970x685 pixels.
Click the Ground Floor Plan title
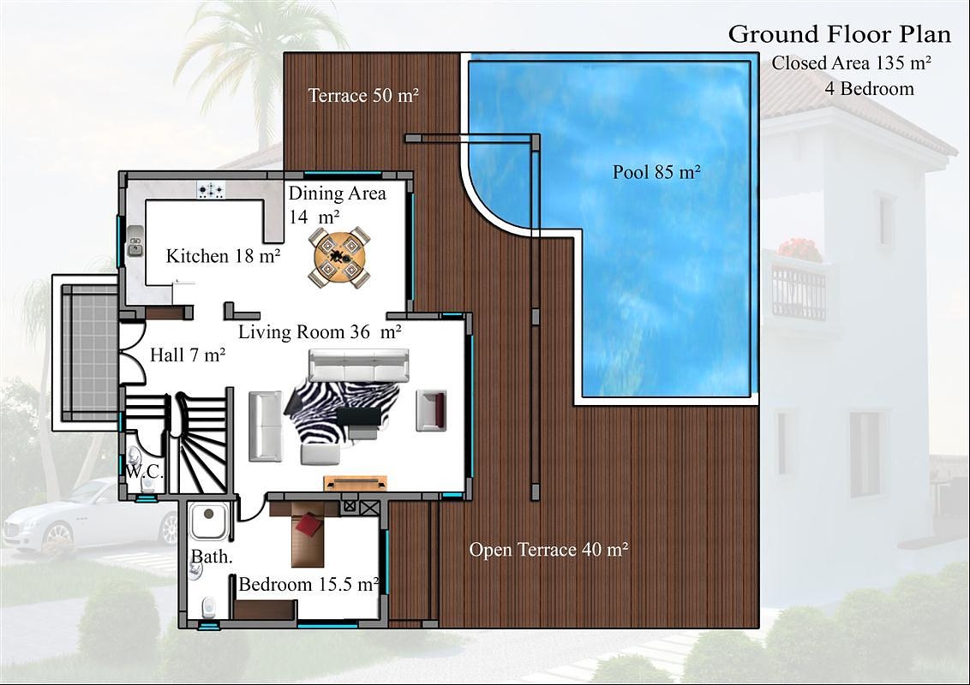(x=839, y=34)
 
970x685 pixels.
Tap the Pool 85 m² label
(x=656, y=172)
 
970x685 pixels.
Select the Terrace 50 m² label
(x=363, y=96)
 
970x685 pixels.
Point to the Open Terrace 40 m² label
(x=548, y=549)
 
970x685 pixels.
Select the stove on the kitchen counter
(x=211, y=190)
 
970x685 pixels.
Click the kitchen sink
(x=135, y=241)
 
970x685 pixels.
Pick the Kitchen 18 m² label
(x=224, y=256)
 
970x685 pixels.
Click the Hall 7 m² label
(x=188, y=354)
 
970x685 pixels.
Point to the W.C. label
(x=145, y=472)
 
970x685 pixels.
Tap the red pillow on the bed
(x=309, y=525)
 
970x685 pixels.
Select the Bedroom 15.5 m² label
(x=308, y=584)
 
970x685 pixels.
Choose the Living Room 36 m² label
(x=320, y=332)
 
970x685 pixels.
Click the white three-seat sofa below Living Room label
(x=359, y=366)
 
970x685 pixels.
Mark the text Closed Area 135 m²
(x=852, y=63)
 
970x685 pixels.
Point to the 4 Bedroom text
(x=869, y=88)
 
